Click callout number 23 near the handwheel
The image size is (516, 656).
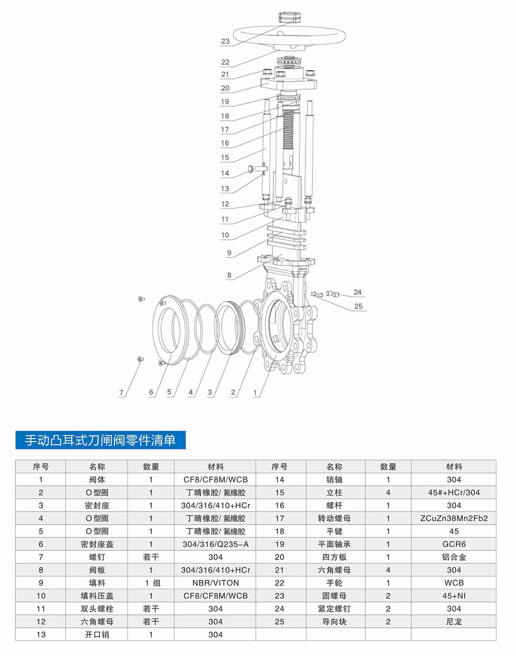coord(225,41)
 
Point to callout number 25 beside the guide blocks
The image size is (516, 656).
coord(358,306)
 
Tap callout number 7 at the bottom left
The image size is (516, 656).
coord(121,392)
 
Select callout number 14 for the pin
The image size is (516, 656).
coord(225,173)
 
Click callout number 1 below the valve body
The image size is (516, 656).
coord(255,392)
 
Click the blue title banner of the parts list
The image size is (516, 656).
coord(100,440)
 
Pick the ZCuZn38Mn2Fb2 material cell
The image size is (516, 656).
coord(454,518)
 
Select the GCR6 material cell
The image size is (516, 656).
coord(454,544)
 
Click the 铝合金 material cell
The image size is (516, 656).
coord(454,557)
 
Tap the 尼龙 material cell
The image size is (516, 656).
coord(454,621)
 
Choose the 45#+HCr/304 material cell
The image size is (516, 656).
coord(454,493)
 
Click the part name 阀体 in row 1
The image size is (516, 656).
coord(97,480)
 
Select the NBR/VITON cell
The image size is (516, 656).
coord(215,583)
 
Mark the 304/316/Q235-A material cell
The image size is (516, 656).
coord(215,544)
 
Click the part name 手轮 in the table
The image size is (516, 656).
coord(334,583)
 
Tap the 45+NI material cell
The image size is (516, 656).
coord(454,596)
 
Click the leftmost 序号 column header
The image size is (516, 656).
coord(41,467)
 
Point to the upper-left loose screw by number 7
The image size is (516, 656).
coord(141,299)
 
